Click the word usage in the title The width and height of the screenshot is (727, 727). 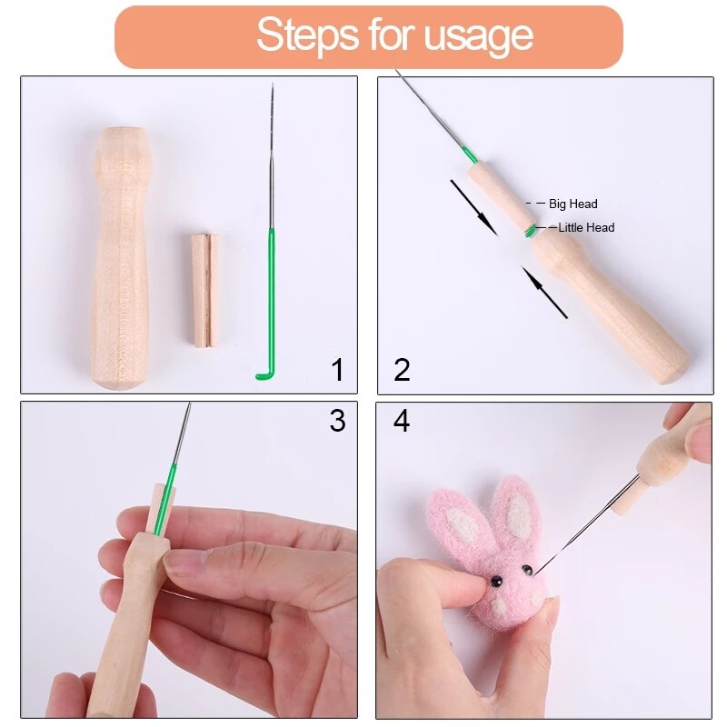point(484,37)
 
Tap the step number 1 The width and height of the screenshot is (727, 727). point(337,370)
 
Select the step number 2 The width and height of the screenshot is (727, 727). point(402,370)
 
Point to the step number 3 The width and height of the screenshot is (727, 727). point(337,421)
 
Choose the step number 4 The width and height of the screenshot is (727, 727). point(402,422)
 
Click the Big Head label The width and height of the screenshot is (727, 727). point(573,204)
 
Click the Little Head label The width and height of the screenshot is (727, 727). point(586,228)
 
